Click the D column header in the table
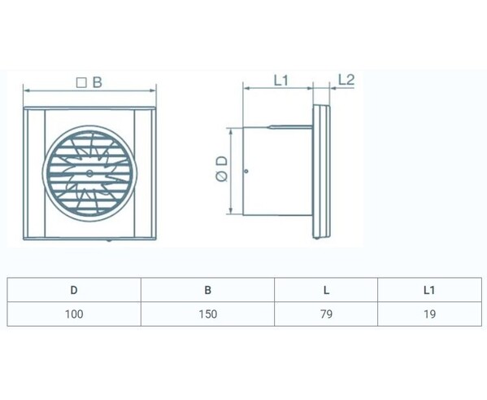(74, 290)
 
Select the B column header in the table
(208, 290)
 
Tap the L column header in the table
(326, 290)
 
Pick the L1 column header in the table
(429, 290)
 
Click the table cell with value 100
(74, 314)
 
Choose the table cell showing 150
(208, 314)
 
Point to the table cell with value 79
(326, 314)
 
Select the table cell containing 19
(429, 314)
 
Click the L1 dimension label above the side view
(281, 81)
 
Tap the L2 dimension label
(346, 80)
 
